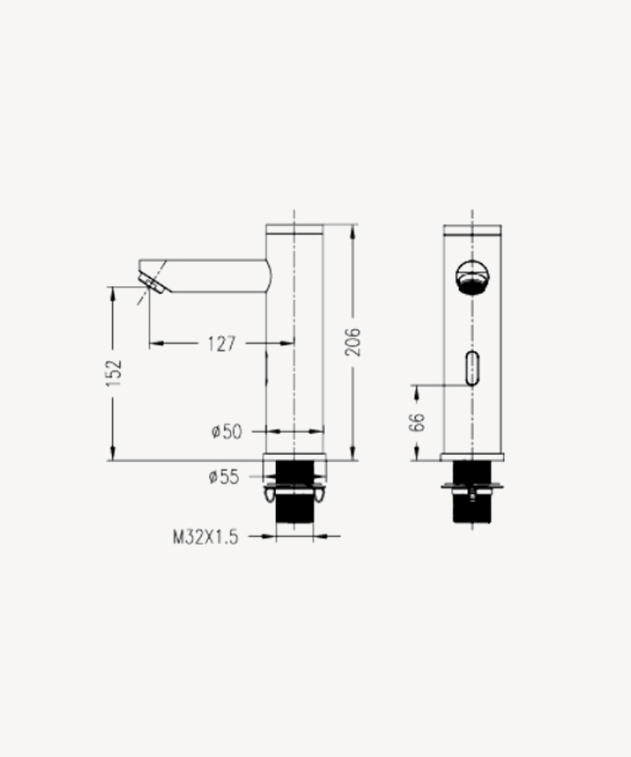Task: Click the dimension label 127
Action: [222, 344]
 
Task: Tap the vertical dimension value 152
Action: [114, 373]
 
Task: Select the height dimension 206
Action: [353, 341]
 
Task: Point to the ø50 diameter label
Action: [226, 431]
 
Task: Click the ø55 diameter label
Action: [224, 477]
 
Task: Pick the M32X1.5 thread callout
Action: [206, 537]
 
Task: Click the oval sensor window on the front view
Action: [472, 368]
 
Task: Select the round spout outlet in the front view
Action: [472, 277]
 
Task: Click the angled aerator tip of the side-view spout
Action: [154, 281]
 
